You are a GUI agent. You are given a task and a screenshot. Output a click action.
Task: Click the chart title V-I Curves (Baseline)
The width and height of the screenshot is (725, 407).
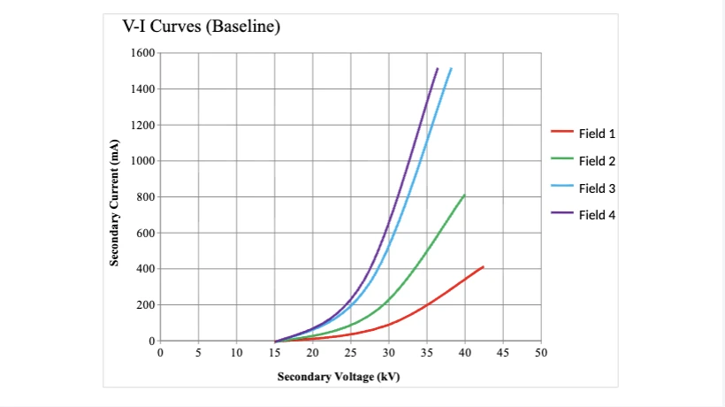click(x=201, y=27)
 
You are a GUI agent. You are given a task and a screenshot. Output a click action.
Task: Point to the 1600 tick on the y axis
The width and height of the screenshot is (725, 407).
click(x=142, y=53)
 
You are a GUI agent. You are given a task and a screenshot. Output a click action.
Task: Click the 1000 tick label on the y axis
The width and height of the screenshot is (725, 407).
click(x=142, y=161)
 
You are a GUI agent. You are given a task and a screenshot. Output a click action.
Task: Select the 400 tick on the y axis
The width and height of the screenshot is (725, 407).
click(x=146, y=269)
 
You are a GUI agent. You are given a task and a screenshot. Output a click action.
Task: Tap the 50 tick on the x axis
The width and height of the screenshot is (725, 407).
click(x=541, y=353)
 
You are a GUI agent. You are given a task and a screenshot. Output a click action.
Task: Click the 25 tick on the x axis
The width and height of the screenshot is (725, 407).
click(x=350, y=353)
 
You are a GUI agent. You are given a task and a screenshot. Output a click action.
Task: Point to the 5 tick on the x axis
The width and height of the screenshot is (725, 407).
click(x=198, y=353)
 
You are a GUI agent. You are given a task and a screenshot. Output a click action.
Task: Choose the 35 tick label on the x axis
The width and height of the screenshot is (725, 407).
click(x=427, y=353)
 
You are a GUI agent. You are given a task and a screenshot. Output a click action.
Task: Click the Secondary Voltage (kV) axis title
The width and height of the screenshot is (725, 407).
click(x=339, y=377)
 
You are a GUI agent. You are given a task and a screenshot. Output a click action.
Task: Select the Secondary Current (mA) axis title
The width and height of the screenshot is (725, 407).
click(x=115, y=203)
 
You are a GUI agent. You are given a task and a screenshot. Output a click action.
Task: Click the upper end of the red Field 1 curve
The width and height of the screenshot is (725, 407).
click(x=483, y=266)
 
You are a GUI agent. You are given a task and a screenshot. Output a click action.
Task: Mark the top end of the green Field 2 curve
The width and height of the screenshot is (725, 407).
click(x=464, y=195)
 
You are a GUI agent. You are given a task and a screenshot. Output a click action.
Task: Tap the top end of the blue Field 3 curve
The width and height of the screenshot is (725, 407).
click(x=451, y=68)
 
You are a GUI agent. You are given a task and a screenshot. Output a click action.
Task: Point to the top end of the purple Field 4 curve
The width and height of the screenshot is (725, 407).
click(x=437, y=68)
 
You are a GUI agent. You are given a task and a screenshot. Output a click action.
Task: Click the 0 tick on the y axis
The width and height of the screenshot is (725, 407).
click(x=151, y=341)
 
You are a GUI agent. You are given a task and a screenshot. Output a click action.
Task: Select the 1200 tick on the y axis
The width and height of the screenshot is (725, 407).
click(x=142, y=125)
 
